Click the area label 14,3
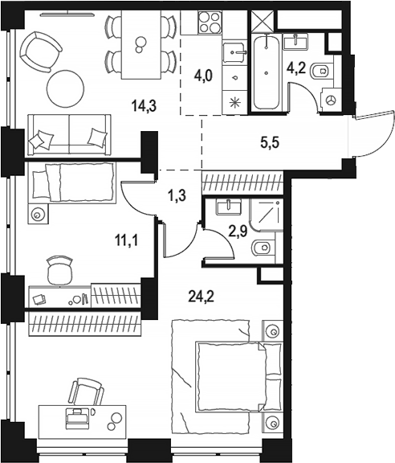pyautogui.click(x=144, y=106)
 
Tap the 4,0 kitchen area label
pyautogui.click(x=203, y=76)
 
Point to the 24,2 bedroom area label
pyautogui.click(x=202, y=297)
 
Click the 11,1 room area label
pyautogui.click(x=126, y=241)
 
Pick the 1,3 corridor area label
pyautogui.click(x=177, y=195)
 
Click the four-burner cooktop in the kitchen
pyautogui.click(x=210, y=23)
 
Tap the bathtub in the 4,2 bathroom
pyautogui.click(x=267, y=72)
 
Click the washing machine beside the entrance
pyautogui.click(x=331, y=100)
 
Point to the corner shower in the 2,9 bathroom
pyautogui.click(x=267, y=215)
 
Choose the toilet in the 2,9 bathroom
pyautogui.click(x=263, y=248)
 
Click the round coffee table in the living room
pyautogui.click(x=66, y=88)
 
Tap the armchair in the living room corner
pyautogui.click(x=40, y=51)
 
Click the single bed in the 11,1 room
pyautogui.click(x=71, y=183)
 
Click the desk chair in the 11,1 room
pyautogui.click(x=60, y=270)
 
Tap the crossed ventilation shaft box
pyautogui.click(x=263, y=20)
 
